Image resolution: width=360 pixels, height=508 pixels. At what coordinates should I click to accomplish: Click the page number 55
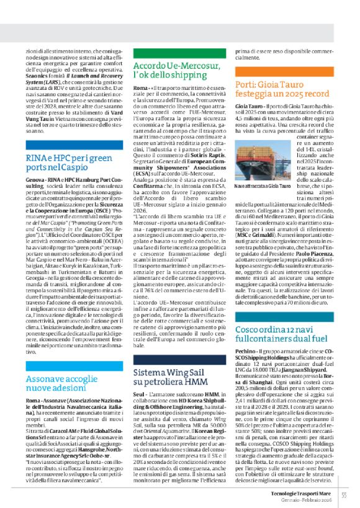pos(343,494)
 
